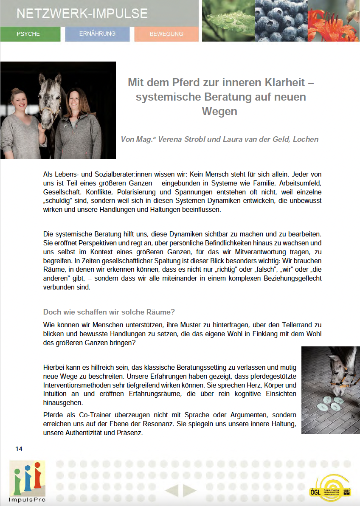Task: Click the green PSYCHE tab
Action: tap(28, 34)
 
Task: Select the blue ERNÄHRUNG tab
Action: tap(97, 34)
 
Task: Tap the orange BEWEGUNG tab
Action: tap(166, 34)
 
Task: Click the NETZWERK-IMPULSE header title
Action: tap(82, 14)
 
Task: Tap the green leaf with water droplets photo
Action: tap(228, 20)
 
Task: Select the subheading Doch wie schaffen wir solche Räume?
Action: tap(109, 312)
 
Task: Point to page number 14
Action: tap(19, 449)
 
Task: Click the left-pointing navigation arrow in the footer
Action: tap(171, 491)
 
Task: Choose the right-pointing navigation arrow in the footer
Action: tap(189, 491)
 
